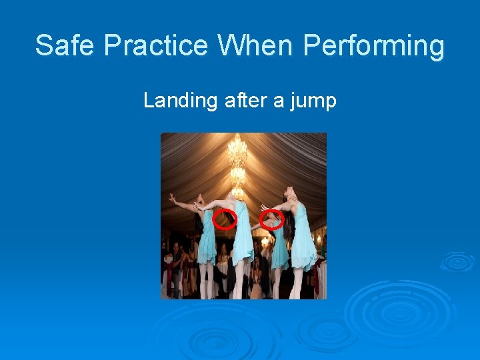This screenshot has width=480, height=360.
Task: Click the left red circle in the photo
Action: pyautogui.click(x=225, y=219)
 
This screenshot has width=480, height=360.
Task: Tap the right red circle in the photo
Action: pyautogui.click(x=271, y=219)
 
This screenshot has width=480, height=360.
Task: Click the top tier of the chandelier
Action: pyautogui.click(x=237, y=151)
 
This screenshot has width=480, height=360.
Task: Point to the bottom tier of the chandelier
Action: pyautogui.click(x=238, y=190)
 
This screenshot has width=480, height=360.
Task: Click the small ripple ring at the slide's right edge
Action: pyautogui.click(x=459, y=261)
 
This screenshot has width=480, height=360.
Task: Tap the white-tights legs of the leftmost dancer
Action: pyautogui.click(x=206, y=280)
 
